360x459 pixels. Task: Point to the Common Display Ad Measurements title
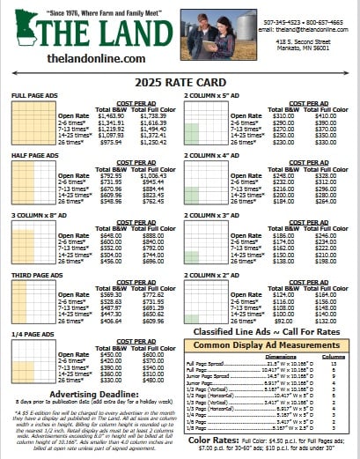tap(272, 344)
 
